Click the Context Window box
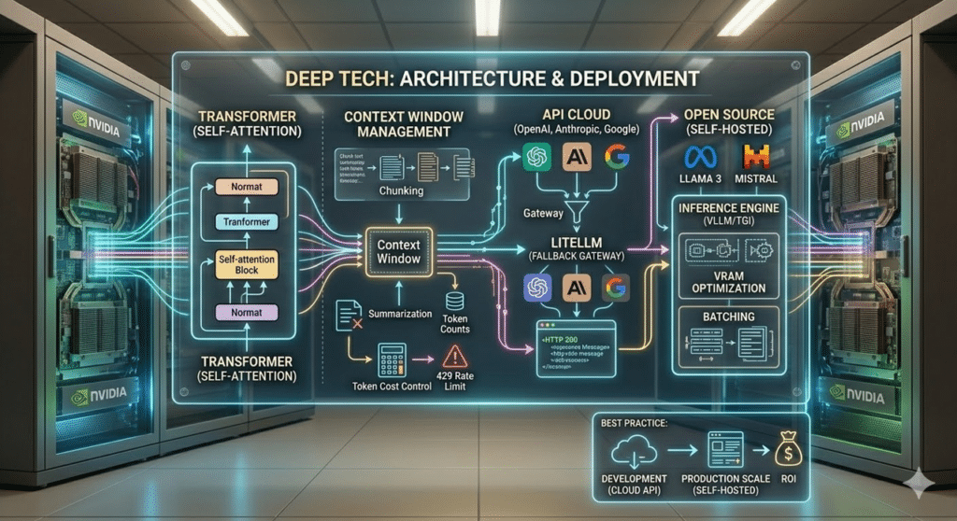point(398,250)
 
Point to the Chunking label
point(400,190)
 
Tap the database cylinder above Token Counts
point(456,302)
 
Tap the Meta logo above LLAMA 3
point(700,156)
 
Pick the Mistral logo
point(755,156)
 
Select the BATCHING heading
point(728,317)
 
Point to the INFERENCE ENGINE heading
point(728,207)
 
